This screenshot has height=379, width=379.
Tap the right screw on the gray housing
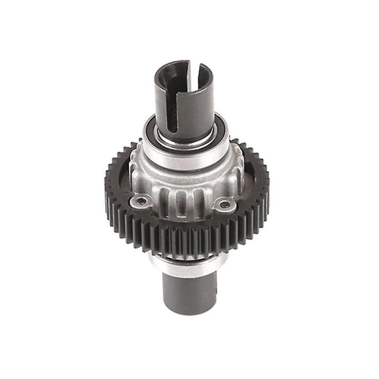tap(226, 205)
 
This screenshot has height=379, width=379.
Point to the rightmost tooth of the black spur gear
tap(266, 182)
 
